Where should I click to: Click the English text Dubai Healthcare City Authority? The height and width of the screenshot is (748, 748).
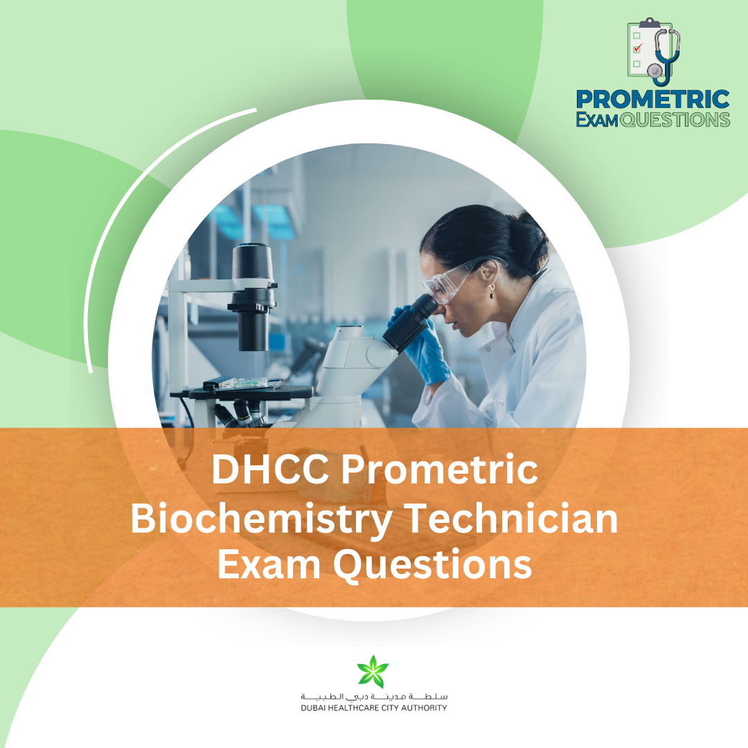point(373,708)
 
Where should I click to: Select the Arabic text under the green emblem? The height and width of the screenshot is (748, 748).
point(373,695)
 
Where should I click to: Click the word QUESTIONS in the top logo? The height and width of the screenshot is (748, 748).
point(675,120)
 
